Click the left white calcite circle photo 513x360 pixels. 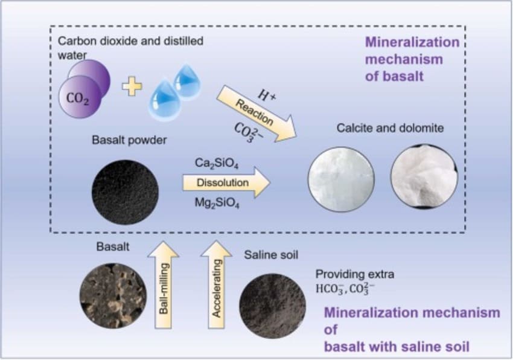[x=341, y=179]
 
